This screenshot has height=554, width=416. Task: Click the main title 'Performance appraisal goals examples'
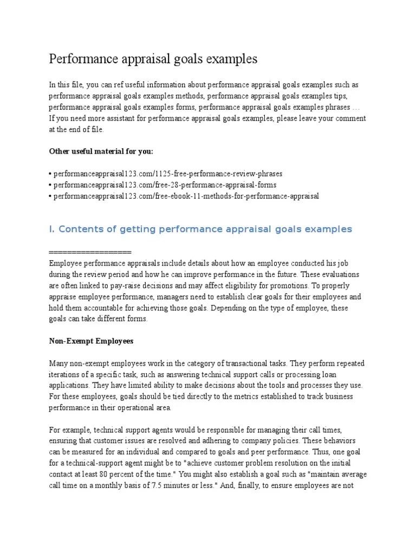153,58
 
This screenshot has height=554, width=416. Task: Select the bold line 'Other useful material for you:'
105,151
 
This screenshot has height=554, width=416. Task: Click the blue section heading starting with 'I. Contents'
200,229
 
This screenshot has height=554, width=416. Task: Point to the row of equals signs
90,253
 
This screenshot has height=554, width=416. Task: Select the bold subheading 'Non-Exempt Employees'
91,341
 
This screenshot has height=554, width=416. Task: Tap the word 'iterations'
67,374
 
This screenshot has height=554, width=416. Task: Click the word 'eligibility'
262,286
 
